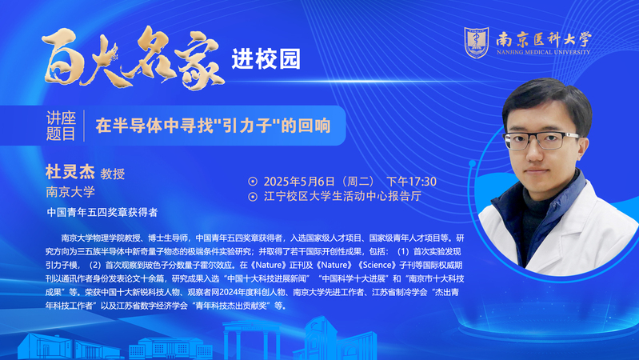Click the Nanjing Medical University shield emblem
click(476, 42)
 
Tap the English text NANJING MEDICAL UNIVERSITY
click(543, 52)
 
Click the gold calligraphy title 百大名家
click(134, 58)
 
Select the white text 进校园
click(266, 59)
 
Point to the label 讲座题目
click(61, 126)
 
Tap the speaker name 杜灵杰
click(70, 172)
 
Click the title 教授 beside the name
click(113, 174)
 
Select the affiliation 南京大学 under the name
click(70, 192)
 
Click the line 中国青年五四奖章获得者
click(102, 213)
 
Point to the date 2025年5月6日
click(299, 182)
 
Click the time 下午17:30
click(411, 182)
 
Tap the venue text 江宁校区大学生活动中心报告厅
click(343, 197)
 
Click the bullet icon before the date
click(253, 182)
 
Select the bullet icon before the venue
click(253, 197)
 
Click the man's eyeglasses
click(541, 140)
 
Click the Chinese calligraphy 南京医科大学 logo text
click(544, 39)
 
